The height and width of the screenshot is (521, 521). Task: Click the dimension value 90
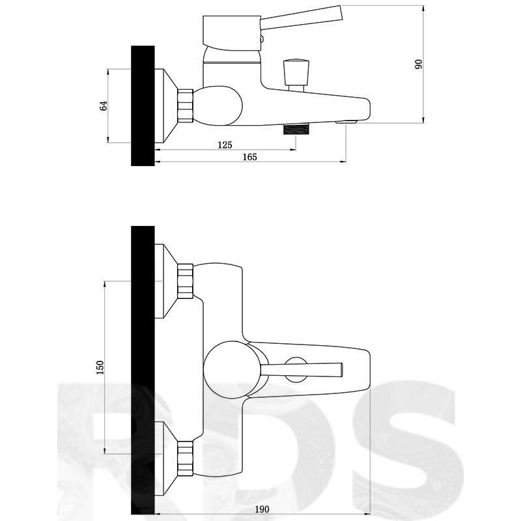tap(419, 64)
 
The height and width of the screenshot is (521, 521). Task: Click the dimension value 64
tap(104, 106)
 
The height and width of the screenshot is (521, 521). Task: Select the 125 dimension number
tap(225, 145)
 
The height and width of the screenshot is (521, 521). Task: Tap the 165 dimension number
tap(249, 157)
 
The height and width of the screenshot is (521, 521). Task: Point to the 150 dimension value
tap(100, 367)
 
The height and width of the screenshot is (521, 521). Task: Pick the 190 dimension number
tap(262, 509)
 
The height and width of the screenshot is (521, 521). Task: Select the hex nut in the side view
tap(186, 106)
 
